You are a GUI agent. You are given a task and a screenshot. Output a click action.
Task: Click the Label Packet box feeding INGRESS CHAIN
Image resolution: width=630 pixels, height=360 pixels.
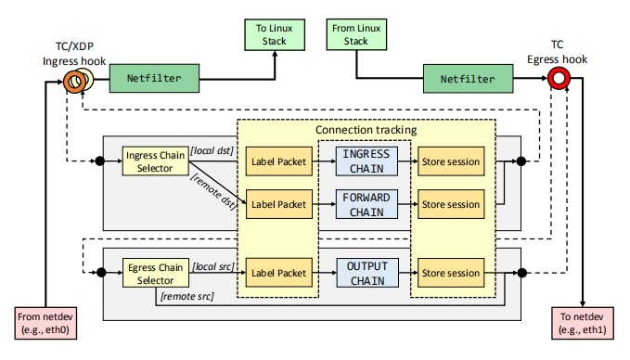pyautogui.click(x=277, y=162)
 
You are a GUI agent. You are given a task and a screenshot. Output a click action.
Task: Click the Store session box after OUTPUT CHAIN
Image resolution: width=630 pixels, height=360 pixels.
pyautogui.click(x=449, y=273)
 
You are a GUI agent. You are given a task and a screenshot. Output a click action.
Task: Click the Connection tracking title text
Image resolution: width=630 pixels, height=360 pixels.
pyautogui.click(x=366, y=130)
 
